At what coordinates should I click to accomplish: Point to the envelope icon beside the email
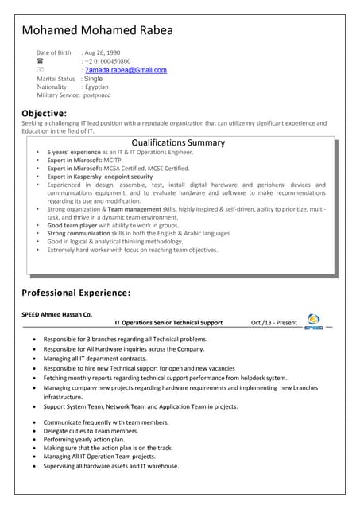pyautogui.click(x=40, y=70)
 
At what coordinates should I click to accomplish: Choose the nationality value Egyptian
pyautogui.click(x=96, y=87)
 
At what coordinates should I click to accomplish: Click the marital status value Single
pyautogui.click(x=93, y=79)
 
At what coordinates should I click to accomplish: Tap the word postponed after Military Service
pyautogui.click(x=97, y=95)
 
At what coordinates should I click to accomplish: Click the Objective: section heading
pyautogui.click(x=44, y=113)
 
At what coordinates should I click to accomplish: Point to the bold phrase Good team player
pyautogui.click(x=70, y=225)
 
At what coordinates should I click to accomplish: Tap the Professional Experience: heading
pyautogui.click(x=76, y=293)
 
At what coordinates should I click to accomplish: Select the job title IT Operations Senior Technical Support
pyautogui.click(x=168, y=323)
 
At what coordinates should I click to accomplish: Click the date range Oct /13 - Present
pyautogui.click(x=273, y=323)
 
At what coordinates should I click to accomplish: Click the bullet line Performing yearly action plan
pyautogui.click(x=83, y=439)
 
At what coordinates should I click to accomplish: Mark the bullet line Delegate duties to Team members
pyautogui.click(x=91, y=430)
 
